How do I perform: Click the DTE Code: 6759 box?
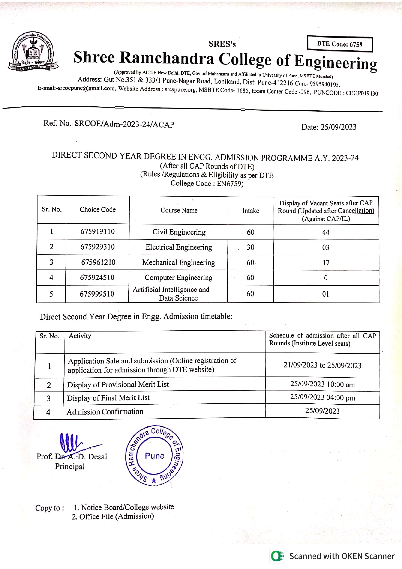pos(340,44)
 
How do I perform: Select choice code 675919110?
pos(98,231)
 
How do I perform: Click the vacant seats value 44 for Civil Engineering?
pos(326,232)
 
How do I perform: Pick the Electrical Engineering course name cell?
pos(179,247)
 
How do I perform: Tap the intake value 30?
pos(250,247)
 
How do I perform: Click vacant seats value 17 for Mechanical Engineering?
pos(326,263)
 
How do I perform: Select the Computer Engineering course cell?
pos(178,278)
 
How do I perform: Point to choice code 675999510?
pos(97,294)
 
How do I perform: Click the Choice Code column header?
pos(98,210)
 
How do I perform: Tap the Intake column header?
pos(251,211)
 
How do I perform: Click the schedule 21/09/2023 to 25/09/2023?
pos(322,365)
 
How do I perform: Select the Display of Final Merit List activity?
pos(108,398)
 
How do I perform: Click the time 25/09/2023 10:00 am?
pos(322,384)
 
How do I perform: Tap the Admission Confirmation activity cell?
pos(105,412)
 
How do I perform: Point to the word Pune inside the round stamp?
pos(155,456)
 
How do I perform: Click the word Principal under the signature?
pos(70,467)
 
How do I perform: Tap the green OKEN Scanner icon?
pos(277,556)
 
